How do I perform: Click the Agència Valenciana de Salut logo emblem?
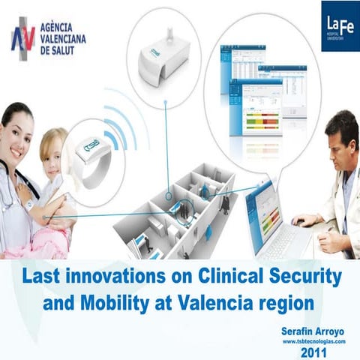pos(22,38)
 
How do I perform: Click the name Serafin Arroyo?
pos(310,330)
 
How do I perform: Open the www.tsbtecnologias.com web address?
pos(313,340)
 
